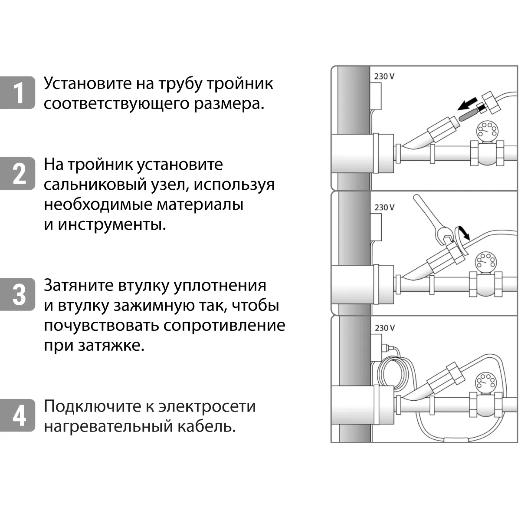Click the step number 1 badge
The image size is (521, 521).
click(x=18, y=92)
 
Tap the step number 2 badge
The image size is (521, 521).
click(x=18, y=173)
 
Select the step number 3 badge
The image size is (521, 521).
click(x=18, y=294)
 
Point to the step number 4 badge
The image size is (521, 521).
click(x=18, y=415)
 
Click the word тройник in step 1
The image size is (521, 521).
click(x=240, y=84)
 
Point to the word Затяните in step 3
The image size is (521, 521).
click(x=79, y=285)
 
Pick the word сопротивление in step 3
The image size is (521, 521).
click(x=224, y=325)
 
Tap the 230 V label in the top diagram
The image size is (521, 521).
click(x=384, y=76)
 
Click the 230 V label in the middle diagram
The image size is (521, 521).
click(x=384, y=208)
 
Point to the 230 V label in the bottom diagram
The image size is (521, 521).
click(x=384, y=328)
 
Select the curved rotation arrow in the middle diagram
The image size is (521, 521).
click(x=463, y=233)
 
